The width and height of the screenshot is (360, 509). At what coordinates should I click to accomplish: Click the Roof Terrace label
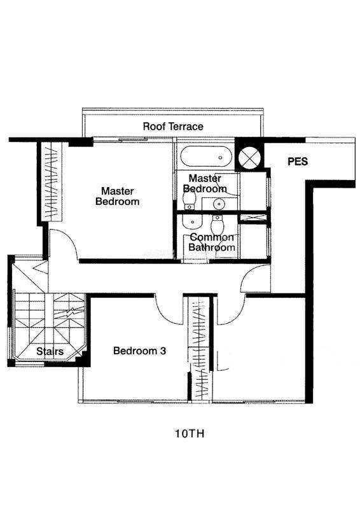point(173,126)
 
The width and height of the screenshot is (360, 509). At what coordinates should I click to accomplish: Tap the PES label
point(298,162)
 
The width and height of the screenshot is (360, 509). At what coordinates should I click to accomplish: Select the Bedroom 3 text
point(139,351)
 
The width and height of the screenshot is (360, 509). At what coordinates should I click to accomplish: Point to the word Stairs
point(50,351)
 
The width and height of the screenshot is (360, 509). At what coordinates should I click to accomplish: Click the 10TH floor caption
point(190,434)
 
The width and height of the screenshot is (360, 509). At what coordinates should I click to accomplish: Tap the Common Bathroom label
point(212,242)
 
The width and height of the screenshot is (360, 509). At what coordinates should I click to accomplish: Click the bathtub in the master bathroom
point(207,157)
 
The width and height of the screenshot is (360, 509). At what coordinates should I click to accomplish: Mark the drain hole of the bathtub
point(221,157)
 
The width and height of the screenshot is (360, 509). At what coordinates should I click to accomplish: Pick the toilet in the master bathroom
point(189,199)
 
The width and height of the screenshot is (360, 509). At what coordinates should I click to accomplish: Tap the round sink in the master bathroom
point(219,204)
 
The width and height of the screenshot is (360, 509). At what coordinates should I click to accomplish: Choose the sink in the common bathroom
point(192,221)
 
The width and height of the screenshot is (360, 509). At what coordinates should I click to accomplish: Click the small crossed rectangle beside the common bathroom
point(253,218)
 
